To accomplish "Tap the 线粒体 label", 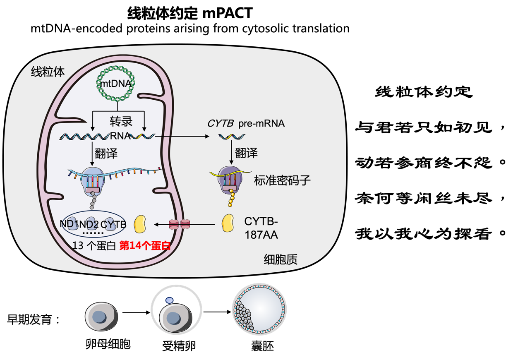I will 48,72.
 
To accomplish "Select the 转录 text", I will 121,121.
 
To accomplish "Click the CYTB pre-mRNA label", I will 246,123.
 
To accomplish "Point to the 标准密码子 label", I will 282,180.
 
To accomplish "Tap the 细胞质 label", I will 281,259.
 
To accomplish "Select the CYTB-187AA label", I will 261,228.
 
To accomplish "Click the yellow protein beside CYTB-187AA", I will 228,223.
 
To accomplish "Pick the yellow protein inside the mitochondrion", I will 140,224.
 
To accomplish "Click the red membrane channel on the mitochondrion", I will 180,224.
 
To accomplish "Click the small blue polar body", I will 169,301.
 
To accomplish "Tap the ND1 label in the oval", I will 69,224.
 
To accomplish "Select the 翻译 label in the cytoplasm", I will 247,153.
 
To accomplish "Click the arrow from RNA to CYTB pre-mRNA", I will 182,136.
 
